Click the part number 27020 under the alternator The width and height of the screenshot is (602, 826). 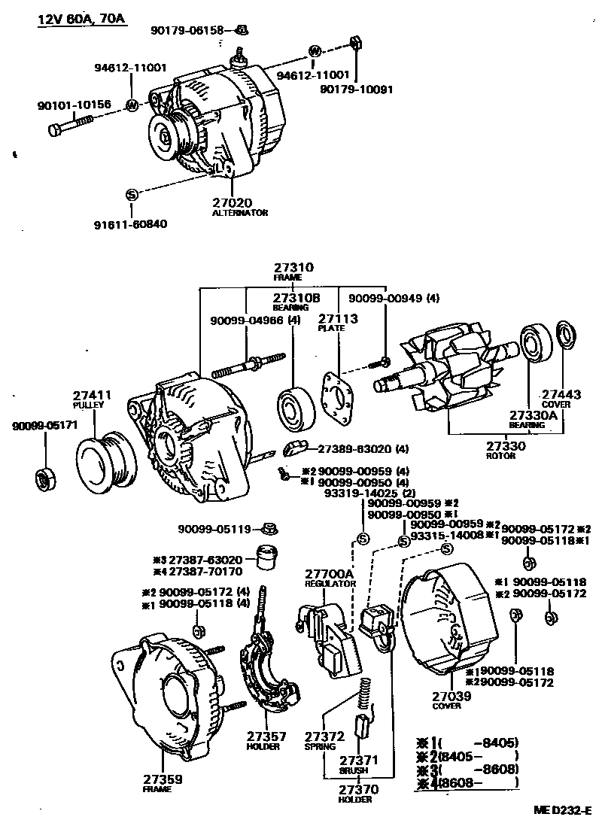(232, 202)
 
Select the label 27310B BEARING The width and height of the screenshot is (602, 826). (290, 297)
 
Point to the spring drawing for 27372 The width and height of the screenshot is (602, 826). (364, 692)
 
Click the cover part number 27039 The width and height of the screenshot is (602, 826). (451, 697)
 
